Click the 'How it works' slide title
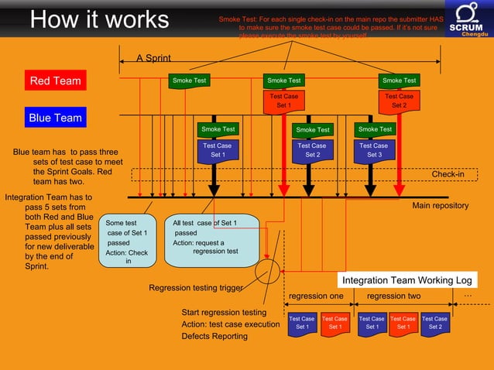pos(99,19)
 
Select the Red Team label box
pos(55,81)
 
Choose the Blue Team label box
pos(55,118)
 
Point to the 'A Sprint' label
pos(153,58)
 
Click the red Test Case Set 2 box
pos(399,101)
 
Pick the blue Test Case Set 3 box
pos(374,150)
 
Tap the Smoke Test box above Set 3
pos(375,129)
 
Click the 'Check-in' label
pos(448,174)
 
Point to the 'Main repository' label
pos(440,206)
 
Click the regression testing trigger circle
pos(267,272)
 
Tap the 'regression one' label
pos(315,296)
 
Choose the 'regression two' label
pos(393,296)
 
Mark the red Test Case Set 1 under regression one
pos(334,323)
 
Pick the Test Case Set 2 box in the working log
pos(434,323)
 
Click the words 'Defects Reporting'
pos(214,337)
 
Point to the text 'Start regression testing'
pos(223,312)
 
